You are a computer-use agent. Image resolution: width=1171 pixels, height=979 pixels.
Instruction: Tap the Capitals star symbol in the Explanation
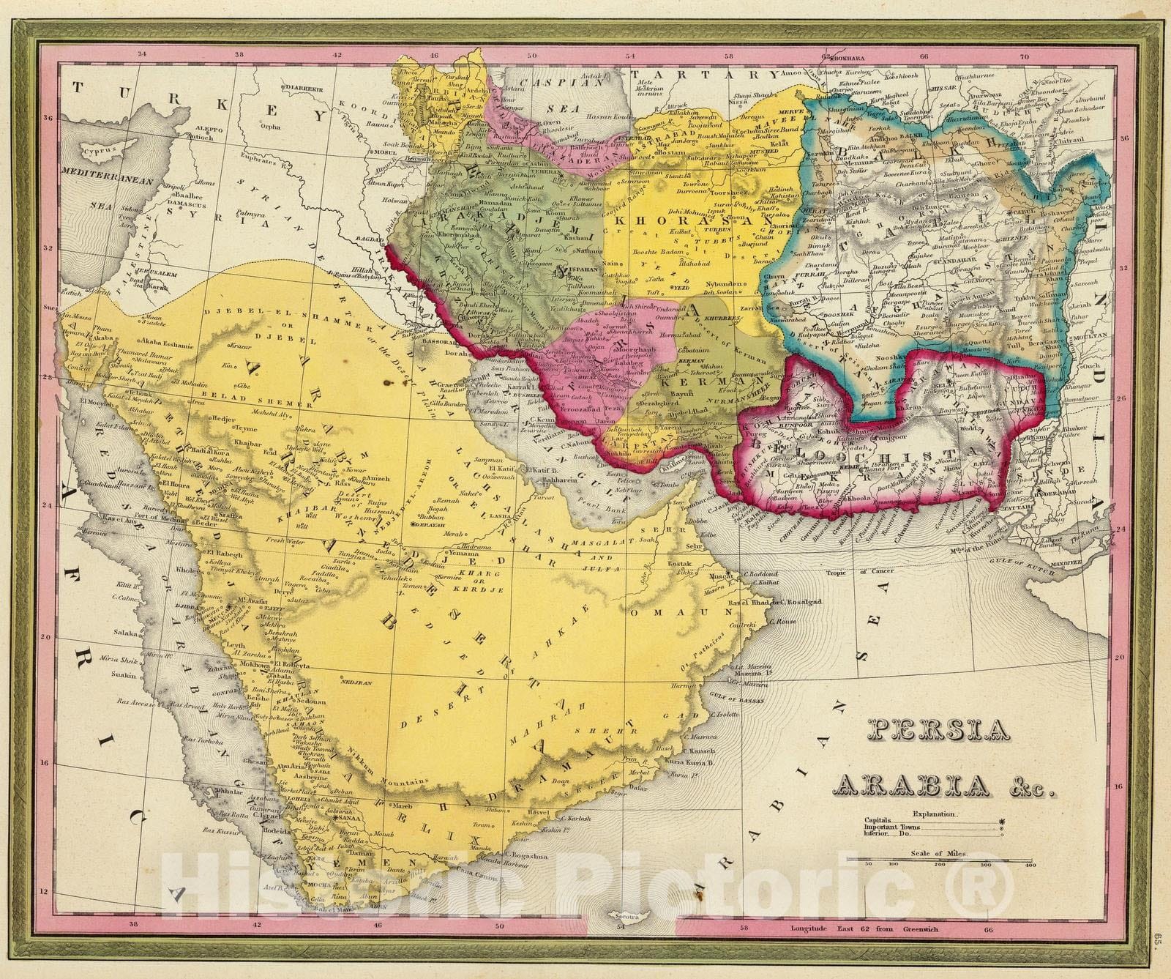(1002, 822)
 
